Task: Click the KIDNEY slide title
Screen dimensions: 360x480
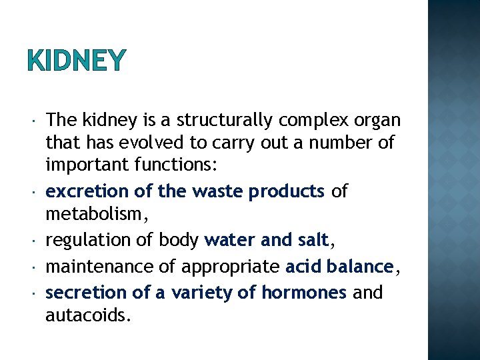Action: (76, 61)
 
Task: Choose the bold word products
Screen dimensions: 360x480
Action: (286, 192)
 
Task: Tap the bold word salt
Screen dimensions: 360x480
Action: (313, 239)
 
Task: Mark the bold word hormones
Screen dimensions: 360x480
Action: (303, 292)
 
